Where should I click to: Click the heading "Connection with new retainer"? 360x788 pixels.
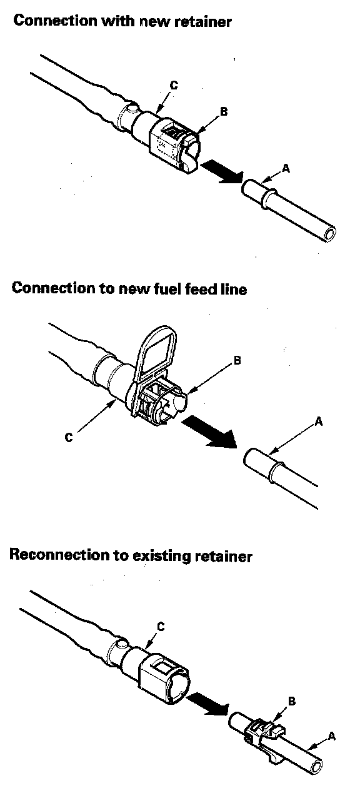point(122,21)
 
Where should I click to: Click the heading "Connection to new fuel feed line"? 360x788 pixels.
point(129,288)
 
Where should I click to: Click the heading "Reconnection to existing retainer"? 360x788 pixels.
point(131,556)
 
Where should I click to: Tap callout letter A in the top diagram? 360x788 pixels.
point(286,169)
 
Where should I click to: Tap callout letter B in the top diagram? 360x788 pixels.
point(224,111)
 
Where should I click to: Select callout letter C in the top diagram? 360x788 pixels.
point(174,85)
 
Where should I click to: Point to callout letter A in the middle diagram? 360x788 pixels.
point(319,421)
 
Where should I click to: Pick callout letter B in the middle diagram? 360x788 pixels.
point(237,360)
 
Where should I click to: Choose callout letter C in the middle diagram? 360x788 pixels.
point(69,437)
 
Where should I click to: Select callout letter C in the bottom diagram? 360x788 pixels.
point(161,627)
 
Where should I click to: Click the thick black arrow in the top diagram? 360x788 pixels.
point(222,172)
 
